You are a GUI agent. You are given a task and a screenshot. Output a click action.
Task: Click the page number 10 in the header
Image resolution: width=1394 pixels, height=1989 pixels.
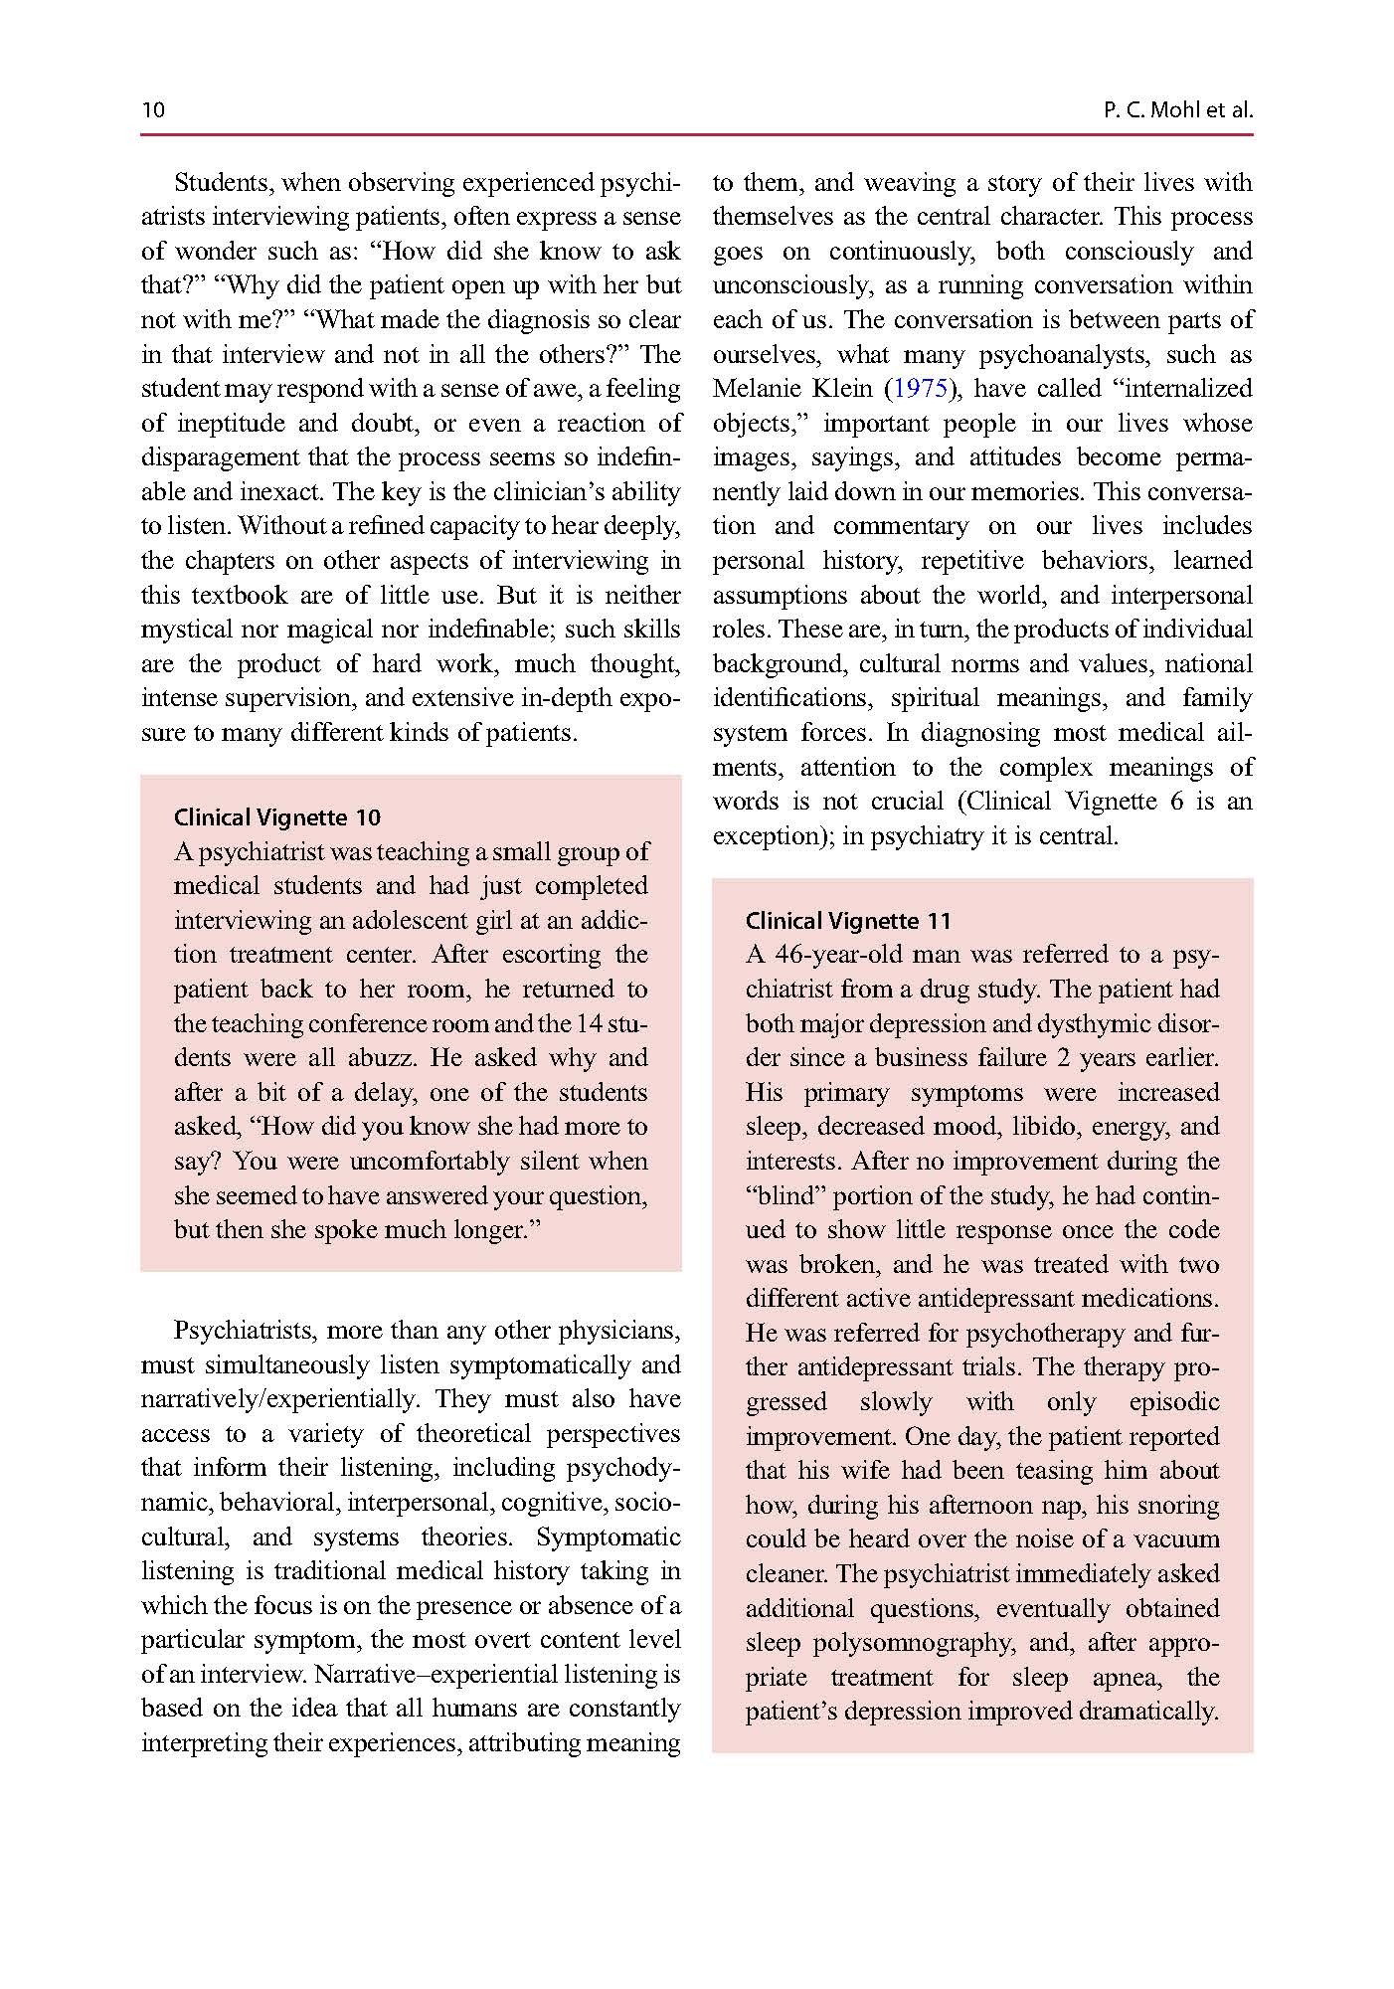tap(153, 109)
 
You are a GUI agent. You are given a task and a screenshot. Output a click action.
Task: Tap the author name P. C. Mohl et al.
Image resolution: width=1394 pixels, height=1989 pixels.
tap(1177, 109)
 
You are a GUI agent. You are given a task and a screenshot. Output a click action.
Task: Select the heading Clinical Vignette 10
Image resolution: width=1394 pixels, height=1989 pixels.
tap(276, 817)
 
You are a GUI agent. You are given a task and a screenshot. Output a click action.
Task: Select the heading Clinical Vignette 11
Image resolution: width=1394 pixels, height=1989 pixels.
tap(848, 920)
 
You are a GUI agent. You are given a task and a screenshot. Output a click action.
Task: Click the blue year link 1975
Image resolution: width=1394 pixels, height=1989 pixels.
tap(921, 389)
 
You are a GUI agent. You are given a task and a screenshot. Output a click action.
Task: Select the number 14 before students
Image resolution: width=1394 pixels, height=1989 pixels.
tap(591, 1023)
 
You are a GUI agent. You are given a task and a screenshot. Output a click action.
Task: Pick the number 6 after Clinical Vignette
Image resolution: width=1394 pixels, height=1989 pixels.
tap(1176, 802)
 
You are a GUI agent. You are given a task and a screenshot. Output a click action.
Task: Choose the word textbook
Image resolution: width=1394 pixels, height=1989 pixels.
tap(240, 596)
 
